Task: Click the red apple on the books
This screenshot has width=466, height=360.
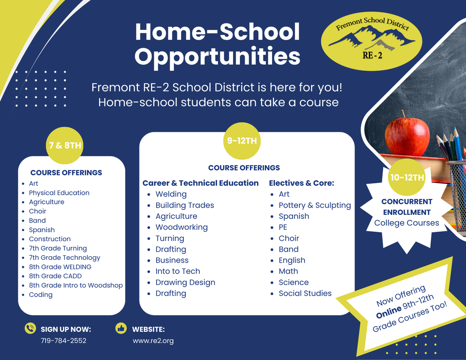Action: (x=407, y=135)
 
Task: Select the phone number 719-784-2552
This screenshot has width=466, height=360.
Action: (x=63, y=340)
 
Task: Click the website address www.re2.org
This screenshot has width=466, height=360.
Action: (x=153, y=340)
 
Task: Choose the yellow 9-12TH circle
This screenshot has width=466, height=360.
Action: (x=242, y=141)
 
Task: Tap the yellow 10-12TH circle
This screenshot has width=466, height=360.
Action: (x=407, y=177)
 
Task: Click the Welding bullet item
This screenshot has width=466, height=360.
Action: (x=171, y=194)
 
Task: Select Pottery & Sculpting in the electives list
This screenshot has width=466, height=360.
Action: (x=314, y=205)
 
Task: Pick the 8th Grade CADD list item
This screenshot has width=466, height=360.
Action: (x=55, y=276)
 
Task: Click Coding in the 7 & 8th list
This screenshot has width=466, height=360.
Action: (x=41, y=294)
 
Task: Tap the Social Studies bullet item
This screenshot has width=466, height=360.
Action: (x=305, y=293)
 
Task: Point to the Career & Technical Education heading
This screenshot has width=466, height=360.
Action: (x=200, y=183)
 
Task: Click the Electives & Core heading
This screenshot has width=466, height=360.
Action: (x=301, y=183)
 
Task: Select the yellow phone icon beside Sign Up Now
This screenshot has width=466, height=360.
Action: (x=30, y=328)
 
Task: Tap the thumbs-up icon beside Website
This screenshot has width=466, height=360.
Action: (x=121, y=328)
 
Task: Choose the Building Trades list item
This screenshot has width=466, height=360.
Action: (x=184, y=205)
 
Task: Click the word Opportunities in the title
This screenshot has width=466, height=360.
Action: (x=218, y=57)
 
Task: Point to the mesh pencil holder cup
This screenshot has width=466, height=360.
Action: (x=456, y=196)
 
